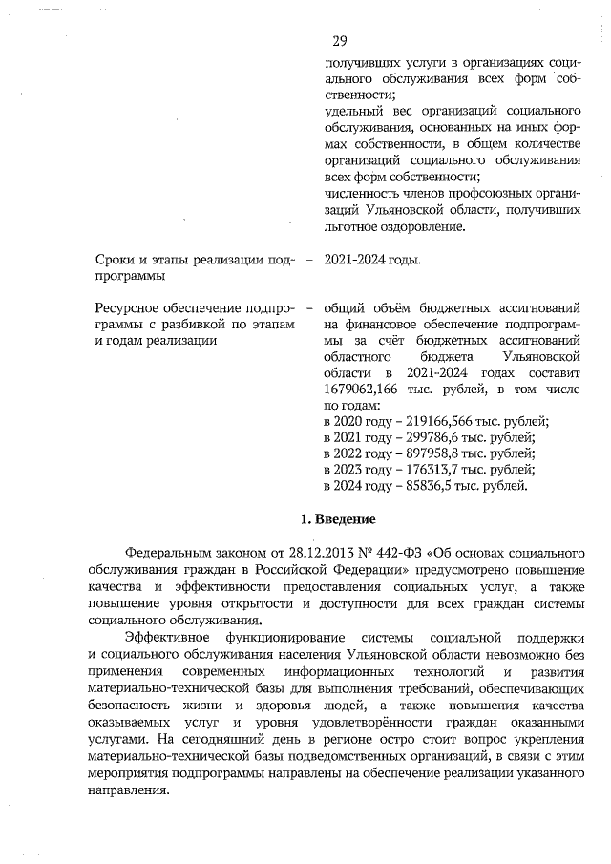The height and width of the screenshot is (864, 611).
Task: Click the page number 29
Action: click(340, 41)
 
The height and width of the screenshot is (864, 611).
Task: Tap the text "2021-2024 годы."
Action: click(373, 260)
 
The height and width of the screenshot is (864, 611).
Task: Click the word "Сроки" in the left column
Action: click(117, 260)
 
